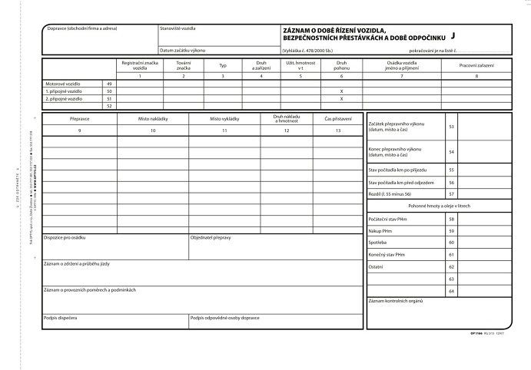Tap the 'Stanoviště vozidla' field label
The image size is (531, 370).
click(178, 28)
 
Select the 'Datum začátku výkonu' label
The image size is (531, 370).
click(183, 49)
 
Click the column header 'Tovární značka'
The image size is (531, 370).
click(183, 65)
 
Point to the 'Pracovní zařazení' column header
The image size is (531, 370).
click(476, 65)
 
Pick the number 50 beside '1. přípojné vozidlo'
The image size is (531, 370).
click(109, 91)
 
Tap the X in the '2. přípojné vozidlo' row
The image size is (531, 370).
click(341, 98)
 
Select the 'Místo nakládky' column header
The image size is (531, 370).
click(153, 120)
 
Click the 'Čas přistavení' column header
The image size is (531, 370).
click(338, 120)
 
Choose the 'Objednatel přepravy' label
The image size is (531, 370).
click(212, 236)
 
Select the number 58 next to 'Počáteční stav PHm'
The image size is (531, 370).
click(452, 219)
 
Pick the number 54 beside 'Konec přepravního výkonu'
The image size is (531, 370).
click(452, 152)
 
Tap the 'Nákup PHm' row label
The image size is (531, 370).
click(382, 230)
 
